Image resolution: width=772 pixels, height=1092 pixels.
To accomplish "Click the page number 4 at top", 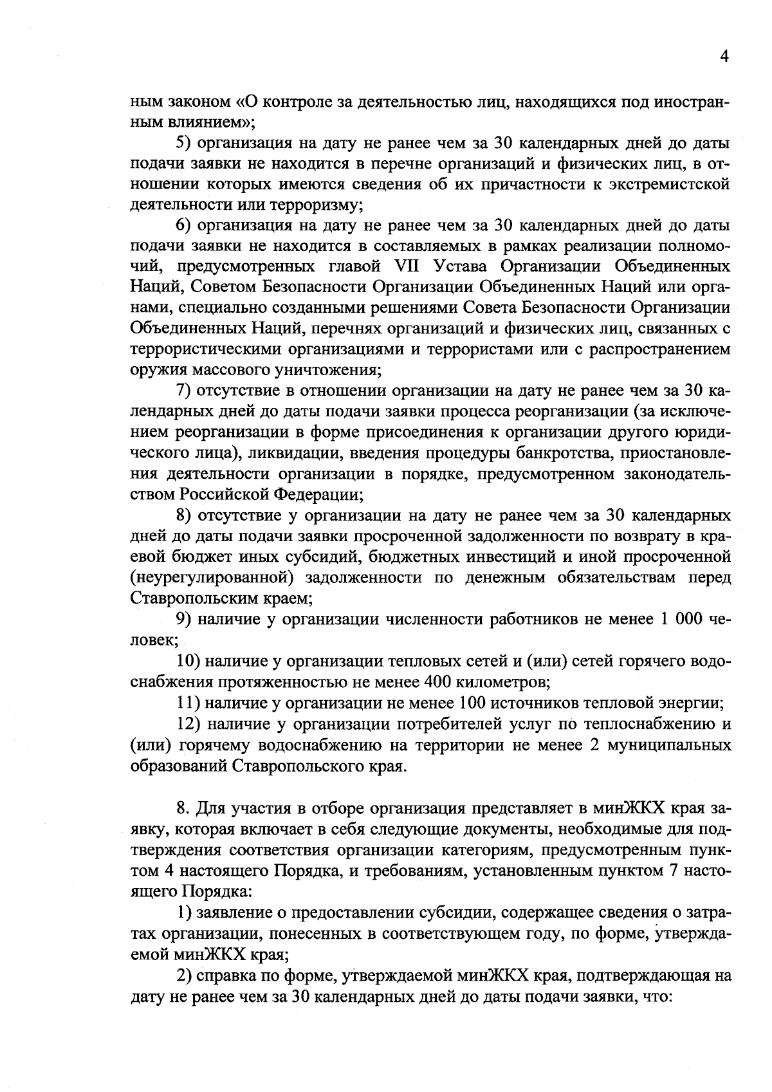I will (x=724, y=57).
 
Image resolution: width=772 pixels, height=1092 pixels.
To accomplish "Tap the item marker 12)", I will (x=188, y=724).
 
